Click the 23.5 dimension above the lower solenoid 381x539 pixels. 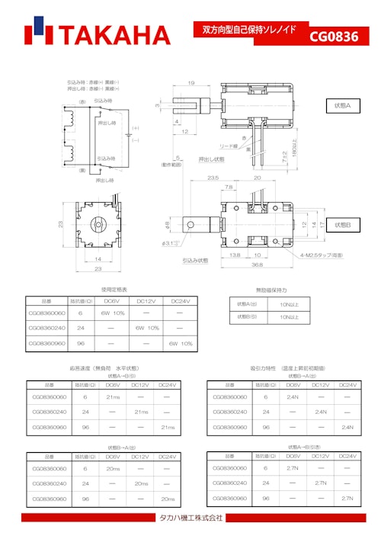tap(213, 178)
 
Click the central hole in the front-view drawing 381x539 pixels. tap(97, 226)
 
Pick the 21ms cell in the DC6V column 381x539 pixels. tap(113, 397)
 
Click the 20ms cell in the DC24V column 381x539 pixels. tap(168, 499)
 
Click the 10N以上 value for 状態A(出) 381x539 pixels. tap(290, 304)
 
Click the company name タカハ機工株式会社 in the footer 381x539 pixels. tap(190, 518)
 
